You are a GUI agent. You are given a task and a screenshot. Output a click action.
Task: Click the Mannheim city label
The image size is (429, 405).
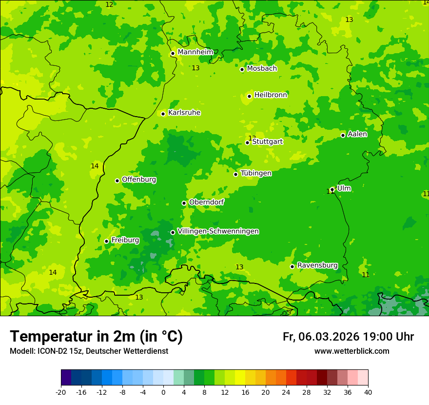coord(195,52)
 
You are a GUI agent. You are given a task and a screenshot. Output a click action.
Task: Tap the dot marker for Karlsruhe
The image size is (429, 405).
coord(163,114)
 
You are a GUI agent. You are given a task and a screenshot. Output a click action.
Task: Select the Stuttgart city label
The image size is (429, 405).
coord(267,142)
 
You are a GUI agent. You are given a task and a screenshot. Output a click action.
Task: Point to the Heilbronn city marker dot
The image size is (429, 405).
coord(249,96)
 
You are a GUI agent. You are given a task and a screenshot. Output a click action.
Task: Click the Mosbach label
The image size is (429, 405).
coord(262,69)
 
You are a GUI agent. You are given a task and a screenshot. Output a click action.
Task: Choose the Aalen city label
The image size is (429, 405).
coord(357,134)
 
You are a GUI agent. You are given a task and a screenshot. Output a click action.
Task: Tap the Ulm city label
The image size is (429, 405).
coord(344,188)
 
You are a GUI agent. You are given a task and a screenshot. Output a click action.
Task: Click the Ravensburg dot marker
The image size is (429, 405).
coord(292,266)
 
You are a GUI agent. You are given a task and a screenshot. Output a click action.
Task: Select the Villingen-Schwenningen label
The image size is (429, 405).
coord(218,231)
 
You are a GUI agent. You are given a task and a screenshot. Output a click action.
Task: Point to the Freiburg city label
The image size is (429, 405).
coord(125,240)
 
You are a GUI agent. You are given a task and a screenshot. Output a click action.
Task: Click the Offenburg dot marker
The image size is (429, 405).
coord(117,181)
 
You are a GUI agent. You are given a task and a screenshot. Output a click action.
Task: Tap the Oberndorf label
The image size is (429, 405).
coord(206,202)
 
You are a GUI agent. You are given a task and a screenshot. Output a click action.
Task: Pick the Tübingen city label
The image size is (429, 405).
coord(256,173)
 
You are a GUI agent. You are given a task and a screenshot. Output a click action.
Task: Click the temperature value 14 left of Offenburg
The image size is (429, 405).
coord(95,166)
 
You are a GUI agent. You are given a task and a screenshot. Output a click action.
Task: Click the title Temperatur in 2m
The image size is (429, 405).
coord(96,337)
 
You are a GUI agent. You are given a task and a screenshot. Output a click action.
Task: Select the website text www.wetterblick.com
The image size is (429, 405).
coord(351,351)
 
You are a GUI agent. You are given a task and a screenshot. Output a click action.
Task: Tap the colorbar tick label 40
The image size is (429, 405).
coord(368,392)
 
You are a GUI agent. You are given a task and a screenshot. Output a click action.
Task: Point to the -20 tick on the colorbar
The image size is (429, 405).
coord(61,392)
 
